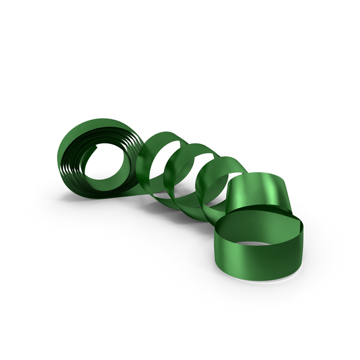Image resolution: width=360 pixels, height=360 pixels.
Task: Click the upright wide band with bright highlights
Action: pos(258,192)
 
